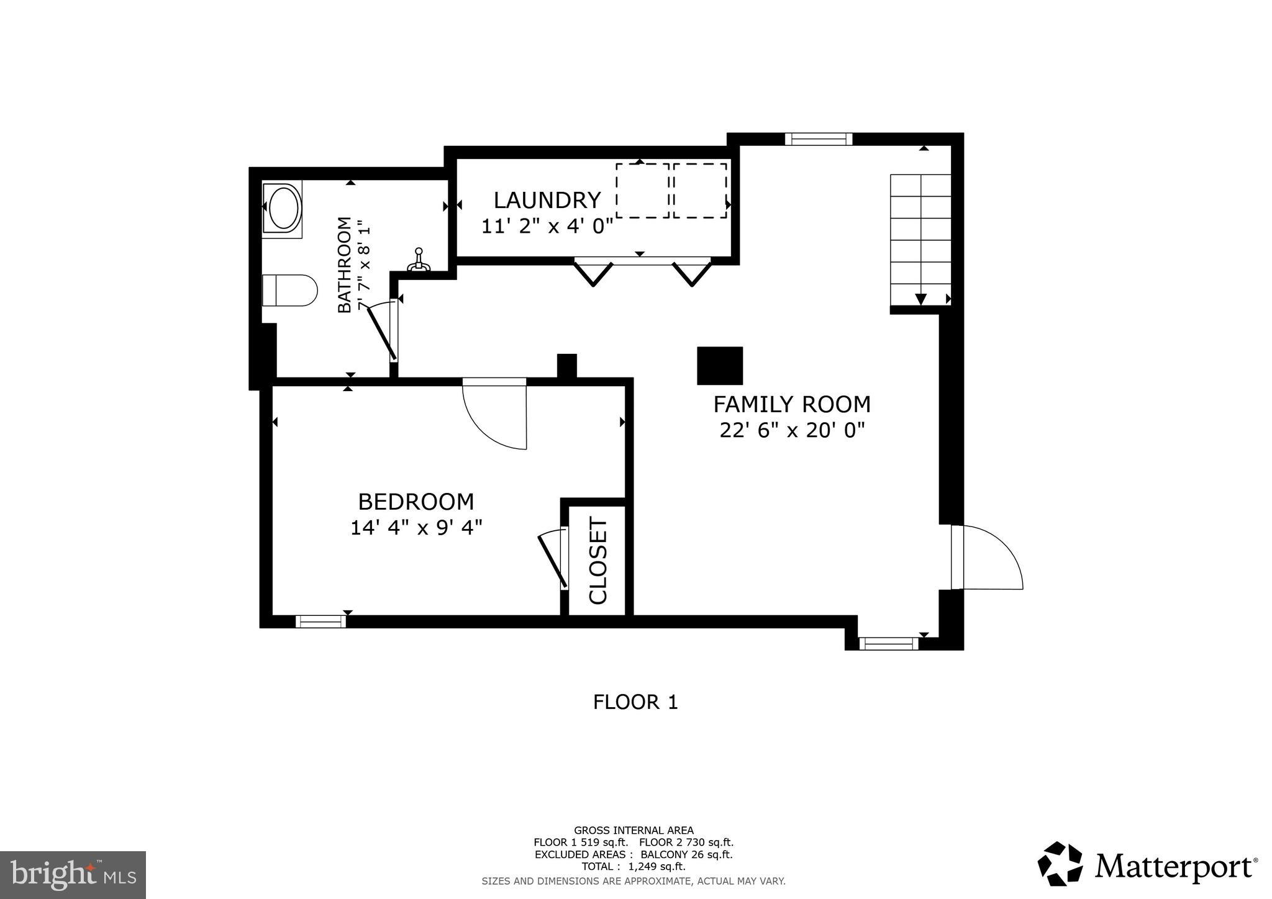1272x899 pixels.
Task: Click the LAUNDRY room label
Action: [547, 201]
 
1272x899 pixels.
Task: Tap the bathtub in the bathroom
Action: [282, 209]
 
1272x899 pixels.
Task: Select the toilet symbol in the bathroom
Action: [289, 291]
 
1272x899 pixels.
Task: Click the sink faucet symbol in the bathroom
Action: [419, 260]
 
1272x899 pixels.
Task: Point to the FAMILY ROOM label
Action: [791, 405]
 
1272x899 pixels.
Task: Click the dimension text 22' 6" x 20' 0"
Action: [791, 430]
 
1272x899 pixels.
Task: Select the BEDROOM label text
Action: [416, 502]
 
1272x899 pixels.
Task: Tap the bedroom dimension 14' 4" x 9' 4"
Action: [416, 528]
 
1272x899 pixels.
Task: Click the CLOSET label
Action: [597, 561]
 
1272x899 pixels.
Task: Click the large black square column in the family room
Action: [720, 366]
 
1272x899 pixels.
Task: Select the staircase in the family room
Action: [920, 240]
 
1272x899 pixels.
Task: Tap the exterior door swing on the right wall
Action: [988, 558]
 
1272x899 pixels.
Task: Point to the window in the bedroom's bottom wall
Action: [320, 621]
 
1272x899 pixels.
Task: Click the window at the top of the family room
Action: [818, 139]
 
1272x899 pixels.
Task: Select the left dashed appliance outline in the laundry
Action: [642, 191]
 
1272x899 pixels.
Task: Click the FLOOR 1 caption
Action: [635, 702]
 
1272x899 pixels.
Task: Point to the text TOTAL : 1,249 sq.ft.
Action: [634, 867]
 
